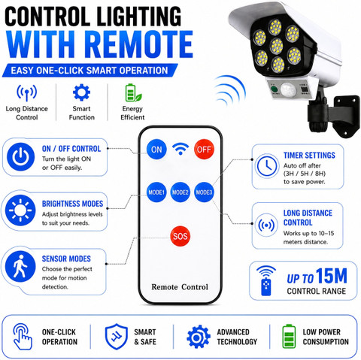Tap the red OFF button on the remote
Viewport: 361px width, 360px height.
[204, 150]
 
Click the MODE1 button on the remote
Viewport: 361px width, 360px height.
[156, 192]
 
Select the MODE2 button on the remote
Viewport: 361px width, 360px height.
[180, 192]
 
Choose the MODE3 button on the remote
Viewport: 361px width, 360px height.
[204, 192]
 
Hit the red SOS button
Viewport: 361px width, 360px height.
[180, 236]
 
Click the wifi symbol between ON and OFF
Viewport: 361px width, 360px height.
[180, 149]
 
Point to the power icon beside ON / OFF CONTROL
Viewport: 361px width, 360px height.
[21, 157]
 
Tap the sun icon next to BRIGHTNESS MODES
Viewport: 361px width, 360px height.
[20, 210]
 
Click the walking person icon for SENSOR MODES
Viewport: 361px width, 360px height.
[20, 266]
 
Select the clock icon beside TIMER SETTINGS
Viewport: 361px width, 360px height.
[267, 166]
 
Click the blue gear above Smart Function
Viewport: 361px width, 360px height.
[81, 92]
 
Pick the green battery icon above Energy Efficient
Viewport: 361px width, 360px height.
[133, 92]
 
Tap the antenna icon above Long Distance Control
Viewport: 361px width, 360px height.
[27, 92]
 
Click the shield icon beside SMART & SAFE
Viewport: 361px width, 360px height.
[117, 337]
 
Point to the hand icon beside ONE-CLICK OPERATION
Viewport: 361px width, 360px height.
[23, 337]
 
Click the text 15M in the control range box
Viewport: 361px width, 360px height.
[332, 277]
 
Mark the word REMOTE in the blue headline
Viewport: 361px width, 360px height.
[141, 44]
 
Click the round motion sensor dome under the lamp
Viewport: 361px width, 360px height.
[288, 89]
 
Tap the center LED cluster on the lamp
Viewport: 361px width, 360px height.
[277, 46]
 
